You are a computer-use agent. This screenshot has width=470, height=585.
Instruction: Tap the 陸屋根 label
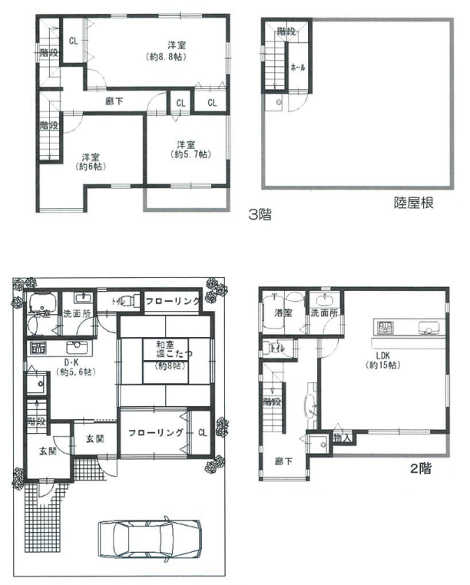tap(415, 203)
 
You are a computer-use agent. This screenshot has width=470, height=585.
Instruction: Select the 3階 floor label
tap(260, 215)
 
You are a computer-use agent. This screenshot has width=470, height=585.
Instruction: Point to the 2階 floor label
tap(420, 468)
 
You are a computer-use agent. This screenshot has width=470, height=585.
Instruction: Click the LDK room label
tap(383, 354)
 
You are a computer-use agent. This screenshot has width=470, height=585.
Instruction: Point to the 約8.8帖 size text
tap(168, 56)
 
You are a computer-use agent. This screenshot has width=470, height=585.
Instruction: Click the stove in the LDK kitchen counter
tap(383, 328)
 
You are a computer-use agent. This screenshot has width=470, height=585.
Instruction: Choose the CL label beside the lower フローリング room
tap(202, 432)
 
